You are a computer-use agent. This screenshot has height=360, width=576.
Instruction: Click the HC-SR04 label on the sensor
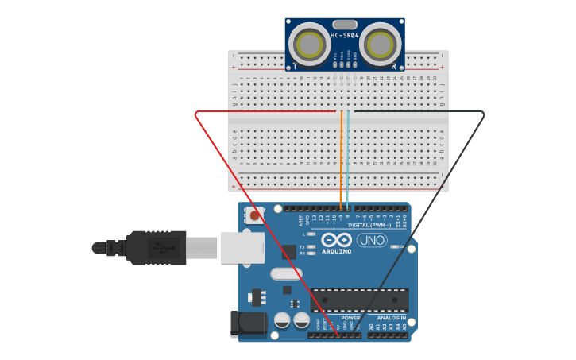[345, 36]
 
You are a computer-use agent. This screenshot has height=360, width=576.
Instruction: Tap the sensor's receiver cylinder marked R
[380, 43]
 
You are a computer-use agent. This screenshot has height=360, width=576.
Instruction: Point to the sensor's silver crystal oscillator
[345, 24]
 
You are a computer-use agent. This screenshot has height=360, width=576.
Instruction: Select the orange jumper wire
[342, 159]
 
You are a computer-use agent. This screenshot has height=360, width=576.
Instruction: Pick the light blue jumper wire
[348, 159]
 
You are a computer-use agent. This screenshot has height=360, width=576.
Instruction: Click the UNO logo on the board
[371, 240]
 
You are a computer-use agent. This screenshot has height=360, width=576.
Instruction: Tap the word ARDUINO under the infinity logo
[337, 251]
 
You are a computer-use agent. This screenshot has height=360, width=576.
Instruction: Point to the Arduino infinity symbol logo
[337, 240]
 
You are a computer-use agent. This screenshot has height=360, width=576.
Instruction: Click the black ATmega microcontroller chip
[359, 300]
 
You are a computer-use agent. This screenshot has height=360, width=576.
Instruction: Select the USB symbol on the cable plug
[162, 247]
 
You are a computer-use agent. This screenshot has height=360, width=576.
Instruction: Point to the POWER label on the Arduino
[350, 318]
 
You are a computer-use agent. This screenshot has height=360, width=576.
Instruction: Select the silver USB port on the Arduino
[242, 247]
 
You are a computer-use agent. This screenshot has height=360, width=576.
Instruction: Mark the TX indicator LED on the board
[312, 246]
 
